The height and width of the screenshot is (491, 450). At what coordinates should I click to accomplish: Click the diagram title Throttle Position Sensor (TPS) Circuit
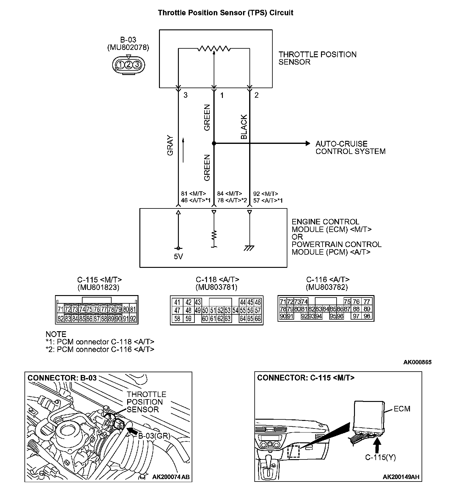coord(225,13)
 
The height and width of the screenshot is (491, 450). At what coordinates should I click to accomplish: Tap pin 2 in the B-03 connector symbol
coord(129,64)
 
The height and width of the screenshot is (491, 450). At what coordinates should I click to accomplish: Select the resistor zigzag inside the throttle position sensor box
coord(214,48)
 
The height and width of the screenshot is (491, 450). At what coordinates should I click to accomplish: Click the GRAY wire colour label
coord(170,145)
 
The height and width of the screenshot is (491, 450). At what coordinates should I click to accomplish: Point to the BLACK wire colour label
coord(244,127)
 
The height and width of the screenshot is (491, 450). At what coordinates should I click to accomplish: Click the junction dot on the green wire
coord(214,143)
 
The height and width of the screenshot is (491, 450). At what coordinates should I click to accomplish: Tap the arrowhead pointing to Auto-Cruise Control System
coord(308,143)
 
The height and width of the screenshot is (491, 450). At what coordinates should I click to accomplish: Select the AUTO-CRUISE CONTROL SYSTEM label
coord(350,148)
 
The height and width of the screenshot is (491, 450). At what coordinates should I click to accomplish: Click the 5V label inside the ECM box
coord(178,257)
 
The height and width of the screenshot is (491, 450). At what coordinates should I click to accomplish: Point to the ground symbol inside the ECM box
coord(249,248)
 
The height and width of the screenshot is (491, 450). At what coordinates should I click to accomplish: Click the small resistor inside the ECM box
coord(214,235)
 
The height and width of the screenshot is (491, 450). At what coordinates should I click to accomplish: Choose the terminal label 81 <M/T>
coord(194,193)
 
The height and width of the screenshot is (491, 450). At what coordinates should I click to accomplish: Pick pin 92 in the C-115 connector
coord(133,319)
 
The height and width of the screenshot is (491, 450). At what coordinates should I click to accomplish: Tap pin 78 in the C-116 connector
coord(283,309)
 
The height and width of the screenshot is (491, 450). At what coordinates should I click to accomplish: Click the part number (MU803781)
coord(216,287)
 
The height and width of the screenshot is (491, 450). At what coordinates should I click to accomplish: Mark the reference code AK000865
coord(417,362)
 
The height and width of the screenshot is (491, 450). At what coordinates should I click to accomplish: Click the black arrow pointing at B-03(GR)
coord(132,430)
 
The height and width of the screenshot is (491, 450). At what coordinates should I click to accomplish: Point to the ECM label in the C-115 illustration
coord(402,409)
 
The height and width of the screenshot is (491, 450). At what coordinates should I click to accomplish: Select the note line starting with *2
coord(100,349)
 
